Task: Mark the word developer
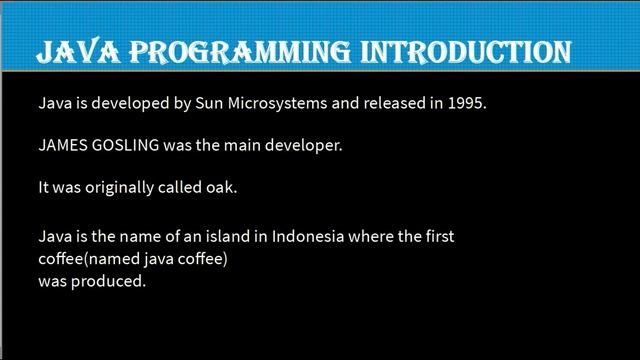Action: [x=306, y=146]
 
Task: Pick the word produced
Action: [x=112, y=282]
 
